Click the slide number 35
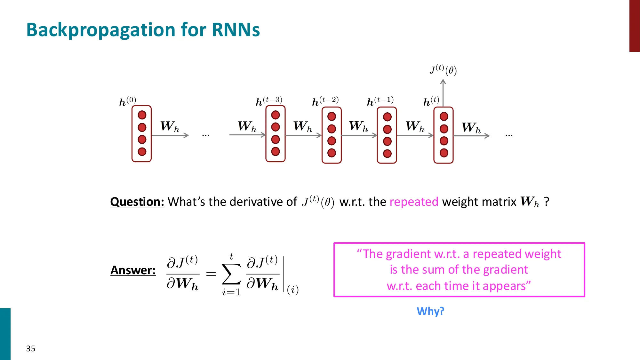pyautogui.click(x=31, y=348)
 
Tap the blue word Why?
pyautogui.click(x=430, y=311)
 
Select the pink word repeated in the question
pyautogui.click(x=414, y=202)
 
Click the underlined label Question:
pyautogui.click(x=137, y=202)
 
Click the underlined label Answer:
pyautogui.click(x=133, y=270)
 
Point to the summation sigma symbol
pyautogui.click(x=231, y=274)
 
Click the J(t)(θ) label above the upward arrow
pyautogui.click(x=443, y=70)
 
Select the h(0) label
pyautogui.click(x=127, y=101)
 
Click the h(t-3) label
pyautogui.click(x=269, y=101)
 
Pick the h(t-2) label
pyautogui.click(x=325, y=101)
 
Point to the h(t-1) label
pyautogui.click(x=380, y=101)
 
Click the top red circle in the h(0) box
pyautogui.click(x=142, y=115)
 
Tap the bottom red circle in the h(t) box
pyautogui.click(x=444, y=153)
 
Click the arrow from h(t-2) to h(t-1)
pyautogui.click(x=359, y=135)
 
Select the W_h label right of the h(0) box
pyautogui.click(x=170, y=126)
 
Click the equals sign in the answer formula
pyautogui.click(x=211, y=274)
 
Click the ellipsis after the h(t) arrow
pyautogui.click(x=509, y=135)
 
